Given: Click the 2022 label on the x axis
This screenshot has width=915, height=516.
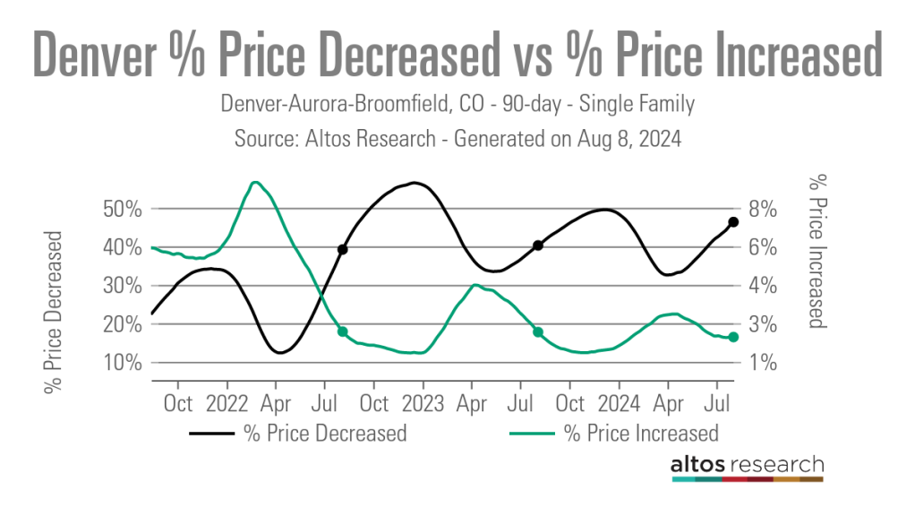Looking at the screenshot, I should pos(227,403).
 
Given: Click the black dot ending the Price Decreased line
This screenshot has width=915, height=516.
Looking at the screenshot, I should pos(732,222).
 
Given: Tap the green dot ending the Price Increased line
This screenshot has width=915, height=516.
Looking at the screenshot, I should pos(732,337).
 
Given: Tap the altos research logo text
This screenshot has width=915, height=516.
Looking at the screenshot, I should pos(747,464).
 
